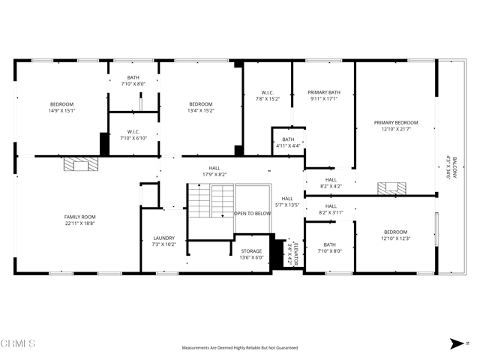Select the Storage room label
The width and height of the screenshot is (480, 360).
[x=251, y=254]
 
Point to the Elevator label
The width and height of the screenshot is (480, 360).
[x=293, y=253]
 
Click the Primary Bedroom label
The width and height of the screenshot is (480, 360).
[x=396, y=126]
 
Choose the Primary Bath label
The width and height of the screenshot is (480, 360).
[x=323, y=95]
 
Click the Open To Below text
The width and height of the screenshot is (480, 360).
[x=252, y=214]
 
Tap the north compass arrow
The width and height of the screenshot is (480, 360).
[x=457, y=344]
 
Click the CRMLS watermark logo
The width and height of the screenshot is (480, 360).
[x=19, y=344]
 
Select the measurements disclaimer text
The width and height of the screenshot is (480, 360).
[x=240, y=348]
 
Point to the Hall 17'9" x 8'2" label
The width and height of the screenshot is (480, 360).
[x=214, y=172]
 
